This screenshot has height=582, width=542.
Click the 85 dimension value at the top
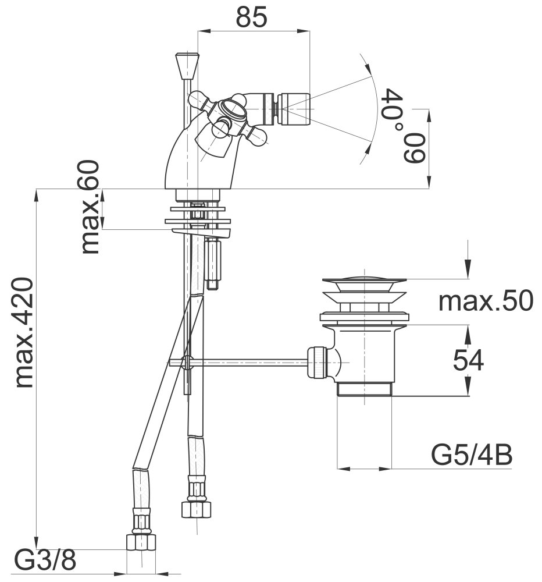(x=252, y=17)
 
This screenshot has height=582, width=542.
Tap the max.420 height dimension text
(x=24, y=333)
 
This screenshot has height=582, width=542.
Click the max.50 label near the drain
(x=485, y=301)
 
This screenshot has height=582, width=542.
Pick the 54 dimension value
(x=468, y=361)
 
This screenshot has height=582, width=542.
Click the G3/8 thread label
(x=45, y=562)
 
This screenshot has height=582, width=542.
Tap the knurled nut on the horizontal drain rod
(x=317, y=363)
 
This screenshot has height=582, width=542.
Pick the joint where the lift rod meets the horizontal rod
(x=186, y=363)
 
